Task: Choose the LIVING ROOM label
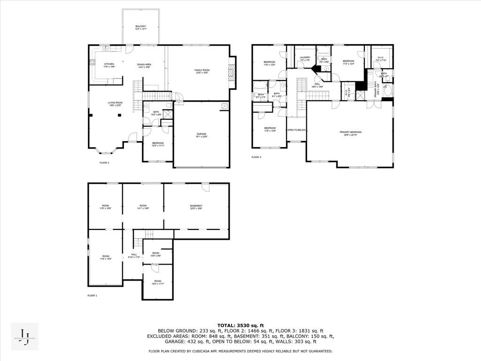[x=115, y=103]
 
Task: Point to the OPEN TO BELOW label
[x=296, y=130]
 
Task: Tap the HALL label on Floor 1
[x=134, y=256]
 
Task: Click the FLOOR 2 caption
[x=104, y=163]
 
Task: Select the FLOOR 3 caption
[x=256, y=157]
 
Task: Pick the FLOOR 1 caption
[x=92, y=296]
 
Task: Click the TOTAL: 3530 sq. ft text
[x=240, y=325]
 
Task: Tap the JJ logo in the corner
[x=25, y=337]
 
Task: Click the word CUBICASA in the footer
[x=217, y=351]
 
